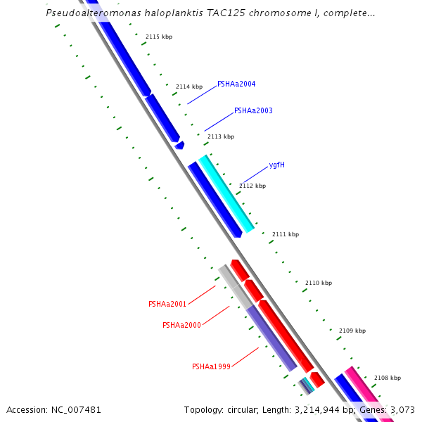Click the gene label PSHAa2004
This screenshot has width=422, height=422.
pyautogui.click(x=236, y=84)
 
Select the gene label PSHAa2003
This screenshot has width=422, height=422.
pyautogui.click(x=253, y=110)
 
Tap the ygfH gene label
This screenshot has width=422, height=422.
pyautogui.click(x=276, y=165)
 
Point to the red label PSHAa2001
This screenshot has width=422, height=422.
pyautogui.click(x=167, y=304)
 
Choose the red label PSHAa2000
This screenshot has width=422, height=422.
pyautogui.click(x=181, y=325)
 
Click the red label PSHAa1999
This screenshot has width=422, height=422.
pyautogui.click(x=211, y=366)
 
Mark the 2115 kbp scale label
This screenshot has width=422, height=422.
pyautogui.click(x=159, y=37)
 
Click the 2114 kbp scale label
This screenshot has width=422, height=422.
pyautogui.click(x=189, y=87)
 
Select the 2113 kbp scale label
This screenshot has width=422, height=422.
pyautogui.click(x=221, y=136)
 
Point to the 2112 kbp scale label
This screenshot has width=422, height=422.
pyautogui.click(x=252, y=186)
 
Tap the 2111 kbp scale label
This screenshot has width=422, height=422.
pyautogui.click(x=286, y=234)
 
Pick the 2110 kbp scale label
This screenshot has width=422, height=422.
pyautogui.click(x=319, y=283)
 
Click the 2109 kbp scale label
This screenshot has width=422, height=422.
pyautogui.click(x=352, y=331)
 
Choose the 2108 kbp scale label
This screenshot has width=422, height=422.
pyautogui.click(x=388, y=378)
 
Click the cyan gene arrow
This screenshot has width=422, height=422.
pyautogui.click(x=226, y=193)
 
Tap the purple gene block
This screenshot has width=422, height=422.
pyautogui.click(x=271, y=338)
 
